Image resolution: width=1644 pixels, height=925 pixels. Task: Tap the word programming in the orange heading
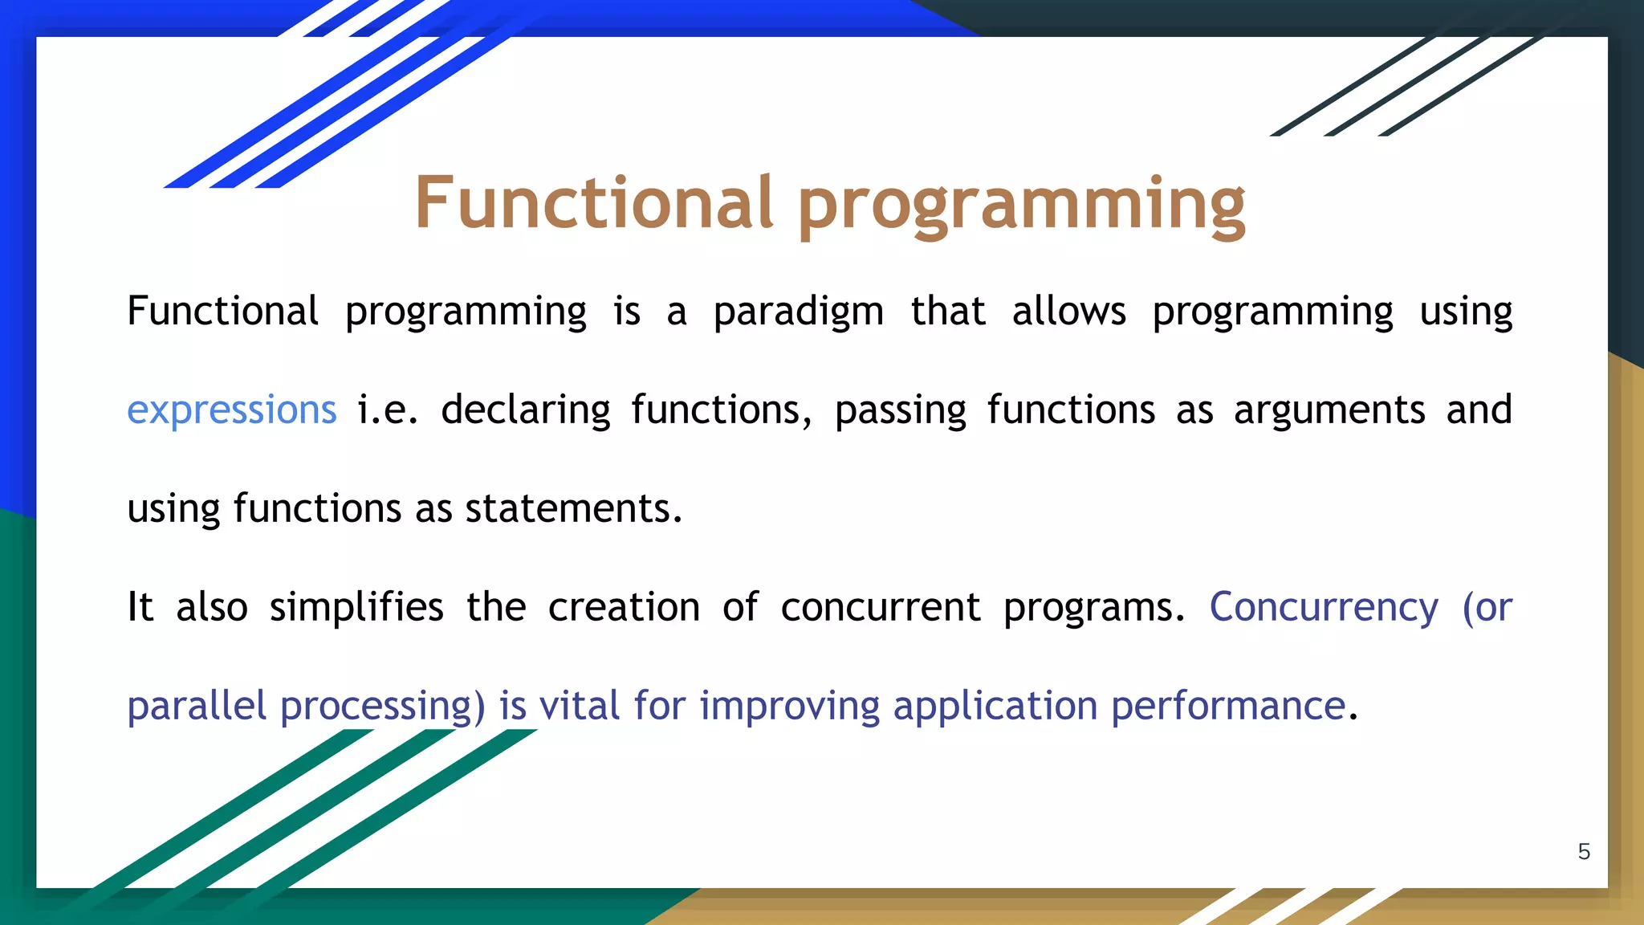coord(1022,207)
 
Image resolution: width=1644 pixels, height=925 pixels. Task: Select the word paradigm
coord(799,312)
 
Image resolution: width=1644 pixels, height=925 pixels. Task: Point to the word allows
coord(1069,310)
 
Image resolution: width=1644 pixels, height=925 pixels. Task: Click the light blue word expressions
coord(232,411)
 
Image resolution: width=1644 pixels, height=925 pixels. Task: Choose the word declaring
coord(526,410)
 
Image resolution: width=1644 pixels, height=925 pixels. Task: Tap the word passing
coord(901,411)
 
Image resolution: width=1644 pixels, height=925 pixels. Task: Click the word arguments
coord(1329,411)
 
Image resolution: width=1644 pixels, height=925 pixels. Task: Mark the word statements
coord(573,509)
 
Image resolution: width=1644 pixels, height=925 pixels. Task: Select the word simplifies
coord(356,606)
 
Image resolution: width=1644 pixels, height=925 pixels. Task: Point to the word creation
coord(624,607)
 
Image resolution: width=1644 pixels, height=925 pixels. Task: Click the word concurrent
coord(881,608)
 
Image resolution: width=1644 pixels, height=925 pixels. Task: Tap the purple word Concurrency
coord(1324,608)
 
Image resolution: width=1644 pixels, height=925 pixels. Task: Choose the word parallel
coord(197,706)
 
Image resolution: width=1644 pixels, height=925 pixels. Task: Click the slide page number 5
coord(1584,852)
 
